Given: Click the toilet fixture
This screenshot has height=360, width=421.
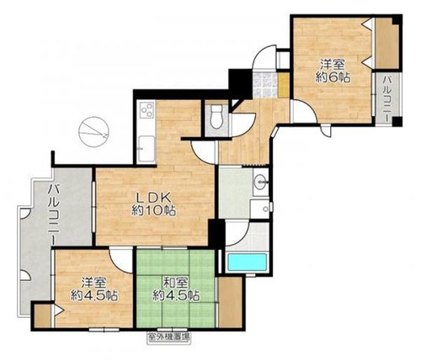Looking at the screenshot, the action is click(x=216, y=117).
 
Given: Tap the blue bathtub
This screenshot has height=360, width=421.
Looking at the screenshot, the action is click(x=247, y=262).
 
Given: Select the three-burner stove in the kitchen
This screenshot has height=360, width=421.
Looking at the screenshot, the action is click(x=147, y=110).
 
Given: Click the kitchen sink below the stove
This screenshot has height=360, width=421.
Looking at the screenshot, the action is click(x=147, y=149).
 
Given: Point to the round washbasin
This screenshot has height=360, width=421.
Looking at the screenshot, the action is click(x=260, y=183).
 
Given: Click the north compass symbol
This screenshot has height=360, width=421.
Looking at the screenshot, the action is click(x=93, y=131).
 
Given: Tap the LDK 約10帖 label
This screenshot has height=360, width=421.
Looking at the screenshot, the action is click(x=154, y=204).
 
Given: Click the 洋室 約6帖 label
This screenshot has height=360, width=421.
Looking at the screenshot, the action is click(x=333, y=71).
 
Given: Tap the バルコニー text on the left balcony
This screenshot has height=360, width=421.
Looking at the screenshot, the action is click(x=53, y=214).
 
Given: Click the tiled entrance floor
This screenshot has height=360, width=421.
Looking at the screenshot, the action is click(x=265, y=85).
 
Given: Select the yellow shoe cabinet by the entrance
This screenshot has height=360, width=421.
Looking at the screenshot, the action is click(x=284, y=85).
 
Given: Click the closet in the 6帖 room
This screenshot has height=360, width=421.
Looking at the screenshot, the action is click(x=386, y=43).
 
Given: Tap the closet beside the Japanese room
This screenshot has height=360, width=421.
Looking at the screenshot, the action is click(x=230, y=302).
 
